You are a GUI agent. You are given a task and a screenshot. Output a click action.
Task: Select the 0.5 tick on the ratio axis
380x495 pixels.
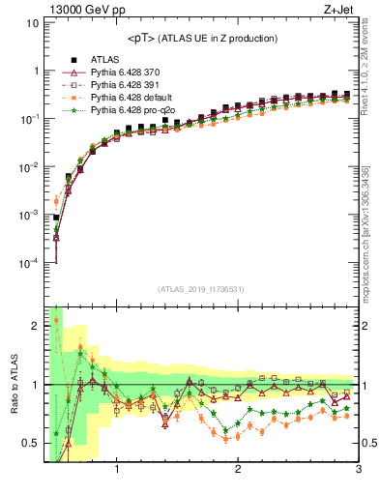[x=30, y=444]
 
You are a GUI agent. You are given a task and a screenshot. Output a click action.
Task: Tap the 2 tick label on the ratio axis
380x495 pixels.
[x=35, y=326]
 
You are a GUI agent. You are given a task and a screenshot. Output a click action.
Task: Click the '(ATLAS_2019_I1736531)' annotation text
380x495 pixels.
[x=201, y=289]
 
